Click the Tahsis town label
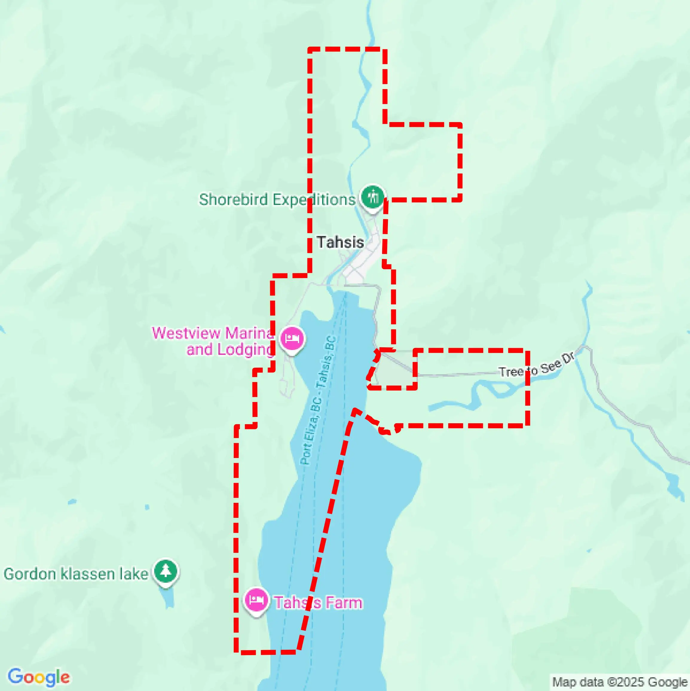pos(340,243)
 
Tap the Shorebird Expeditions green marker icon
pos(373,197)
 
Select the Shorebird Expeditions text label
pos(277,200)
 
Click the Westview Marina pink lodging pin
pos(292,338)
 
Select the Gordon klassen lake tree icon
pos(166,571)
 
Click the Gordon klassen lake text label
pos(76,574)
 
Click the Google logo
pos(39,677)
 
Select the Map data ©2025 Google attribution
pos(620,682)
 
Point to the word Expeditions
pos(314,200)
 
